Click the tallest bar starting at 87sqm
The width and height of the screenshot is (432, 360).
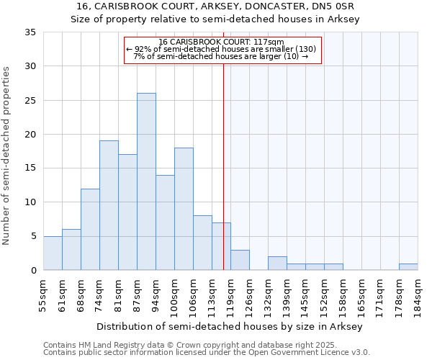[146, 181]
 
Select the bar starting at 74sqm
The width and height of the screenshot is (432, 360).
[109, 205]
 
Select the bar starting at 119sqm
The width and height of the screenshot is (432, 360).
[240, 260]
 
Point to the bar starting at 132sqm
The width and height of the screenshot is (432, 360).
[277, 264]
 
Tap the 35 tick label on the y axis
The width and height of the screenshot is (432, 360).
[30, 32]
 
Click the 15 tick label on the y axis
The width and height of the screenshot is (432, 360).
[30, 168]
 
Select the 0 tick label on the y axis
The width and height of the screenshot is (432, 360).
[33, 271]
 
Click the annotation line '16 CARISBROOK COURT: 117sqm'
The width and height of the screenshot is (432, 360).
[222, 42]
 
